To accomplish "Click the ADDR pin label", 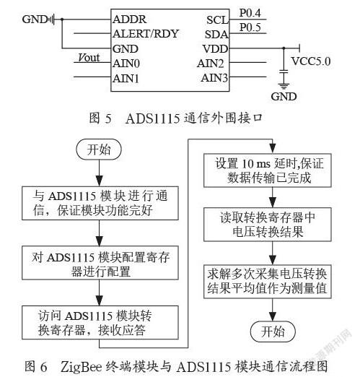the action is point(129,19).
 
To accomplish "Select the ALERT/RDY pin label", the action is point(146,34).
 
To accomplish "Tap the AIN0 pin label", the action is point(126,64).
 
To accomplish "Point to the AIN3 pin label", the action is point(214,78).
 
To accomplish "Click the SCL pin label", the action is point(217,20).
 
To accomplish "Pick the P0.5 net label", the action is point(250,27).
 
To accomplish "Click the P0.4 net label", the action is point(250,13).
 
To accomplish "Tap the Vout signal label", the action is point(89,58).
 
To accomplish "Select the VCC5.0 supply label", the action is point(311,61).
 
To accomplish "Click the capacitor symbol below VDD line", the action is point(284,71).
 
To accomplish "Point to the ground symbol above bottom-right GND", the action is point(284,86).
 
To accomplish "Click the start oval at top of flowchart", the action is point(99,149).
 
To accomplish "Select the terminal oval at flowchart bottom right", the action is point(273,331).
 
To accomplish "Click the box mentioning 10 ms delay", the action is point(268,170).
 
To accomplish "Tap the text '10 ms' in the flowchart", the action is point(256,164).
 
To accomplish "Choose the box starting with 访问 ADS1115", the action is point(100,323).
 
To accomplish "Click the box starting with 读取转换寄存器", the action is point(268,225).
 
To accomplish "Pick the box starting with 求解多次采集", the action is point(268,282).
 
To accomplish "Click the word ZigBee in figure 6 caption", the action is point(82,367).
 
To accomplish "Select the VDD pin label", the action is point(215,49).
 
